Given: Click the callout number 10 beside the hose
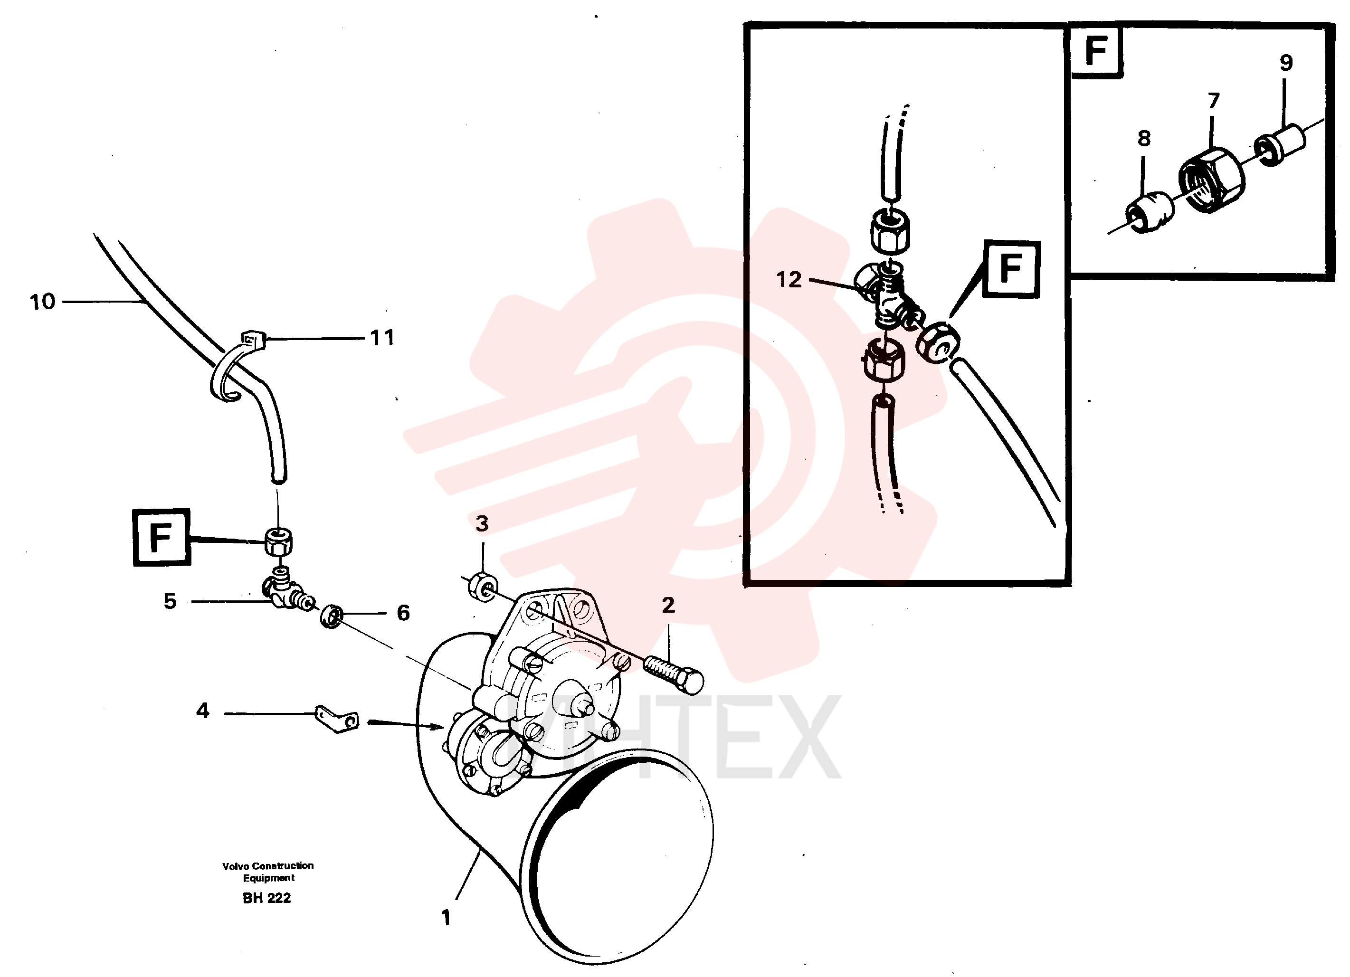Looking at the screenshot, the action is click(42, 302).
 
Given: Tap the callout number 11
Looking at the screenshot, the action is click(382, 338).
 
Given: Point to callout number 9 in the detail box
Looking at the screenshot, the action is click(1286, 63).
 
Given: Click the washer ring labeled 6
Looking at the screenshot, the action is click(331, 616).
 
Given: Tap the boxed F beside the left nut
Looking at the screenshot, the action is click(162, 537).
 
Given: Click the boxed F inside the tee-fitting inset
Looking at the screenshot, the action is click(1011, 269).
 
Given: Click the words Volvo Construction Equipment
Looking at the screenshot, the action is click(268, 872).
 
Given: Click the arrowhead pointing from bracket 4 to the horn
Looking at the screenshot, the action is click(437, 727).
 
